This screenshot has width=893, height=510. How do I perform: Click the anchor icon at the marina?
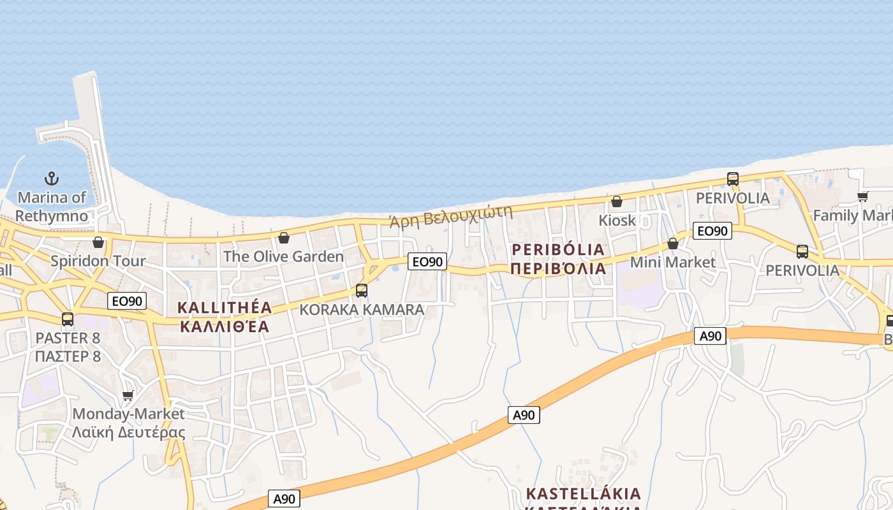point(51,178)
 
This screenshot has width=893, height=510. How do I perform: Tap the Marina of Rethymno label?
point(52,207)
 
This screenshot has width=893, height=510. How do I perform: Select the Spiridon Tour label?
point(98,261)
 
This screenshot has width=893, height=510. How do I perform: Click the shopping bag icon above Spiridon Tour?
point(98,242)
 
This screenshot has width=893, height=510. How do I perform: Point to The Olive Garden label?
point(283,256)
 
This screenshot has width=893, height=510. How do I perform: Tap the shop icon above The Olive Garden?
point(284,238)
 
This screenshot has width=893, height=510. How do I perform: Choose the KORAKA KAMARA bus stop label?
point(362,309)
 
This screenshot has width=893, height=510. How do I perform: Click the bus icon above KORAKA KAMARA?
point(362,291)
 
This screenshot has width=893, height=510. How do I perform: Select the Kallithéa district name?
point(225,317)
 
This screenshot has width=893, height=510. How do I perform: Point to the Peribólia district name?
point(558,258)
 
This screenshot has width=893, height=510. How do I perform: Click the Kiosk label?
point(617,220)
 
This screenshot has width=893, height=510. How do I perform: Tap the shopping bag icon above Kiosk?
point(617,201)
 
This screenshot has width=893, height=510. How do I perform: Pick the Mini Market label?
point(672,262)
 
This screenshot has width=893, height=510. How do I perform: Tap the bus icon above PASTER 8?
point(68,319)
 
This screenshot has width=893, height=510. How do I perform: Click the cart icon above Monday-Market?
point(128,395)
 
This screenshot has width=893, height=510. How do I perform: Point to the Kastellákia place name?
point(583,494)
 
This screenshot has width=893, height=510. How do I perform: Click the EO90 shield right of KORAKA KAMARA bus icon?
point(427,261)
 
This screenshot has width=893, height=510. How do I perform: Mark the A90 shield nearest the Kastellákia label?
point(524,415)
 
